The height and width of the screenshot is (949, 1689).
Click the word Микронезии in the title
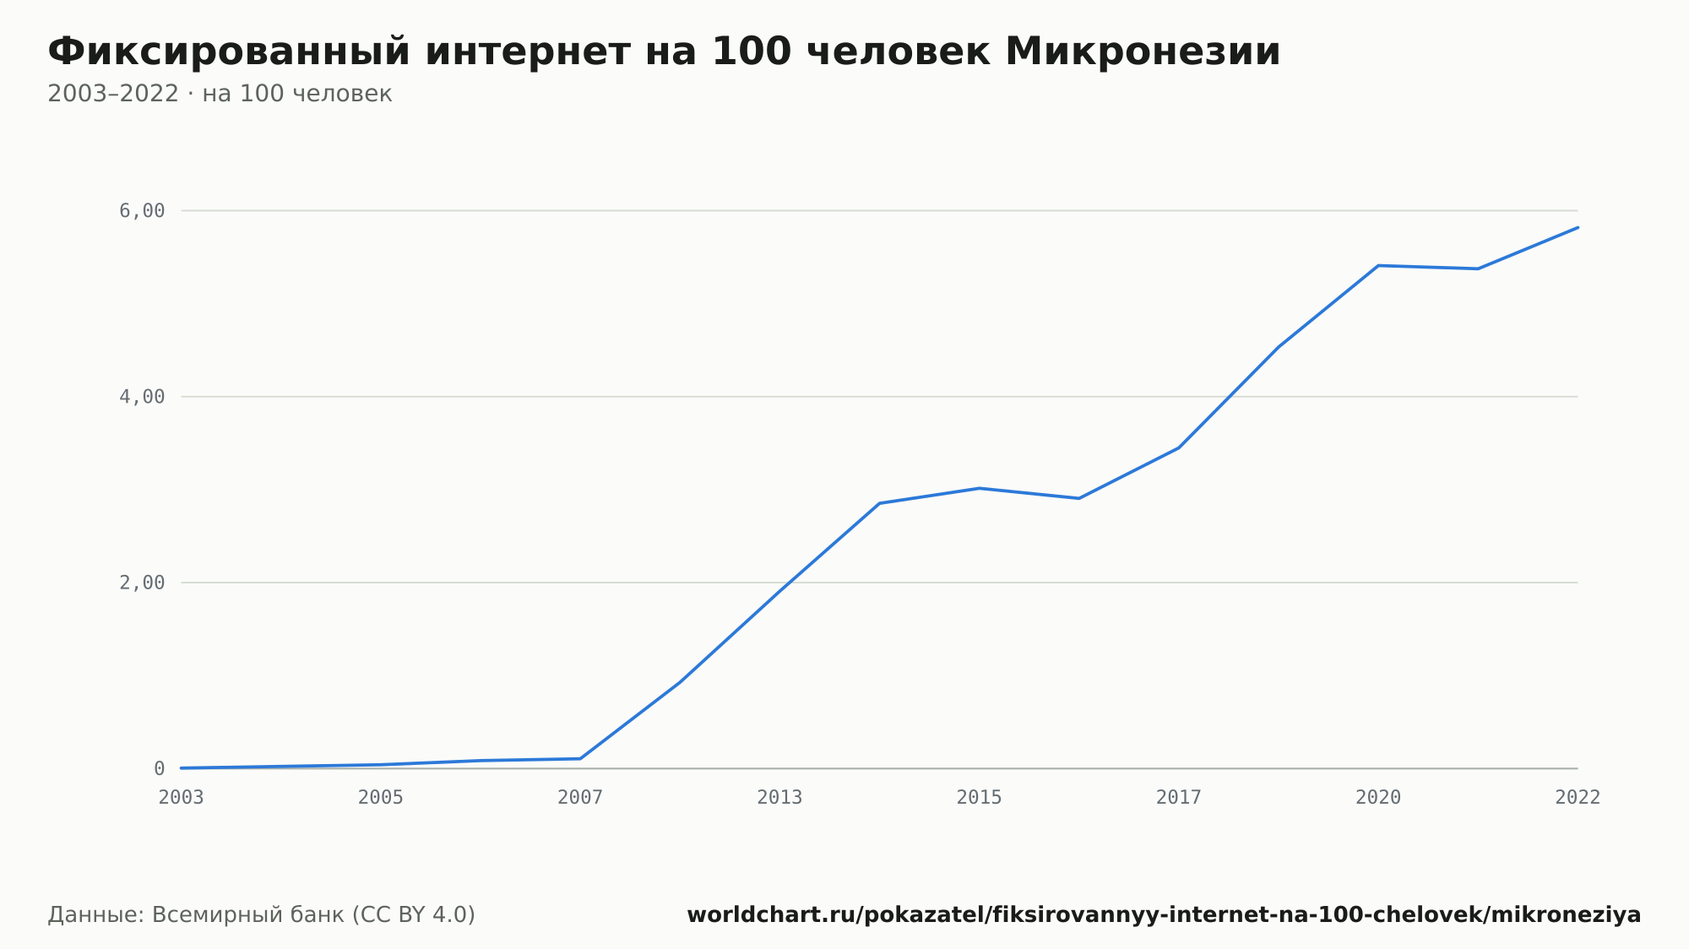1143,52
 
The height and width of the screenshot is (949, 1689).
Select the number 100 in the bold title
752,52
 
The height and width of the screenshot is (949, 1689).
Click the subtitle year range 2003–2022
113,94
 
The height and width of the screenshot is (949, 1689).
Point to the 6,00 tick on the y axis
142,210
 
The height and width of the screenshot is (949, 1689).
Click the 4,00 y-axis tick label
142,396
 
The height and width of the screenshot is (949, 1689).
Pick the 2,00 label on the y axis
142,583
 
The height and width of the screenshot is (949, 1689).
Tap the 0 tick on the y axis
159,768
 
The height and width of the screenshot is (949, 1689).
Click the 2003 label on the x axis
182,797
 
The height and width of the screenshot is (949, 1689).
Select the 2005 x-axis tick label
381,797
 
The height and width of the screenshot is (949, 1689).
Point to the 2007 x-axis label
580,797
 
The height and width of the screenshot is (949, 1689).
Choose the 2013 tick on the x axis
779,797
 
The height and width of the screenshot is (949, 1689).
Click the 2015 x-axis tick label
980,797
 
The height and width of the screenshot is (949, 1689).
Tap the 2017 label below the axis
1179,797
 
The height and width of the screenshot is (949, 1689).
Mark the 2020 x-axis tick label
1378,797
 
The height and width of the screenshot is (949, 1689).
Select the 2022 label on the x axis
1578,797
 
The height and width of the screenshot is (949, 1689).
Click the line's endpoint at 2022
1578,227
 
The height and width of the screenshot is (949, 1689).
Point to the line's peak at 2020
1378,265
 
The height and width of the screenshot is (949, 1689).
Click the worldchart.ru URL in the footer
1164,914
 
